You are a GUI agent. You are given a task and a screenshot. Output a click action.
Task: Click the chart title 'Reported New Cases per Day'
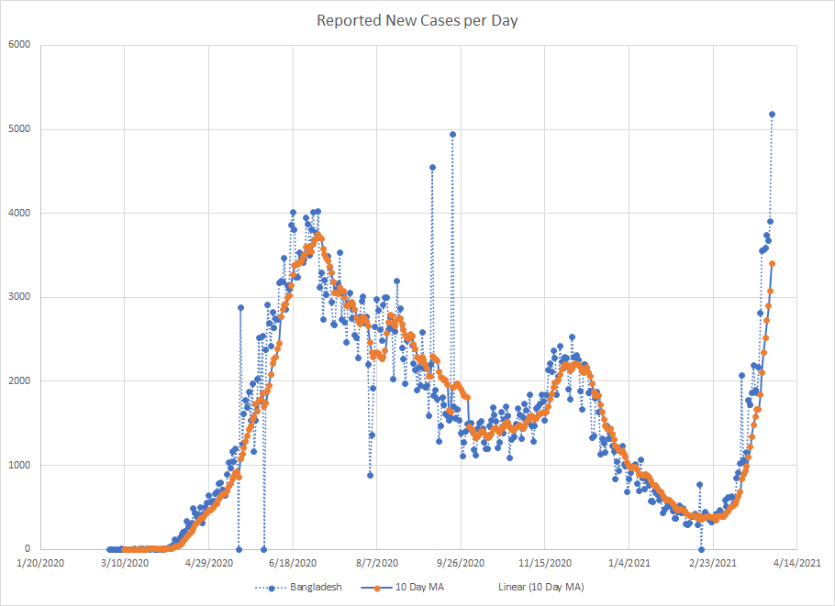(417, 20)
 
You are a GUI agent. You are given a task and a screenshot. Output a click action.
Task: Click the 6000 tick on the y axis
(19, 45)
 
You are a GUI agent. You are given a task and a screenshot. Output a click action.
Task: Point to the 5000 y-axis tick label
(19, 129)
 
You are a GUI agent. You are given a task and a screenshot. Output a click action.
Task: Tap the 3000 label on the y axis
(19, 297)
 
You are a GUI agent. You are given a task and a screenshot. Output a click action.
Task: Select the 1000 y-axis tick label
(19, 466)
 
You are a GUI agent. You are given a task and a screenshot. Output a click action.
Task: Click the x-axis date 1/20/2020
(42, 563)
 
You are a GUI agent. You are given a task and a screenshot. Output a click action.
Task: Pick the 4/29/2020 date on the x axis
(209, 563)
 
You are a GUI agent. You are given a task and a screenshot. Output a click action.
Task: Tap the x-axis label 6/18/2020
(294, 563)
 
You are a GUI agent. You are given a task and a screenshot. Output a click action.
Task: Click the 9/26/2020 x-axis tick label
(462, 563)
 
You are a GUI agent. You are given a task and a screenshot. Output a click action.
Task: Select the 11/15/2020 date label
(544, 563)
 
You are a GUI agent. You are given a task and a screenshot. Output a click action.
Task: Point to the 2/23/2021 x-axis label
(712, 563)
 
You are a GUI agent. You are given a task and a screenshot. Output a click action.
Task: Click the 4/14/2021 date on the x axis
(796, 563)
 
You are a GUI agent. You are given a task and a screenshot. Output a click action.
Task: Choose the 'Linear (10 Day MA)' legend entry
(540, 587)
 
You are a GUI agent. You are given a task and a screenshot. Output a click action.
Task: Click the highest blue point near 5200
(773, 115)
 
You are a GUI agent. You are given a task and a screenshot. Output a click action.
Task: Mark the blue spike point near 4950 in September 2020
(452, 134)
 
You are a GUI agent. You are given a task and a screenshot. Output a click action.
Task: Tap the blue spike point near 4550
(432, 168)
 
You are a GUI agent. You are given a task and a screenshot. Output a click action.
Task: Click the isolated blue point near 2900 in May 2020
(240, 308)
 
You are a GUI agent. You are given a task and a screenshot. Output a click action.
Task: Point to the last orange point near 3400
(773, 264)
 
